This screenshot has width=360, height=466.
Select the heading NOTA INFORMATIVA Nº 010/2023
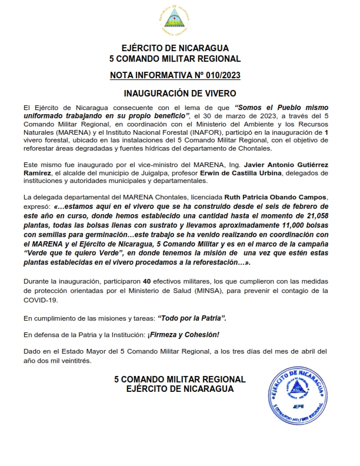click(x=175, y=76)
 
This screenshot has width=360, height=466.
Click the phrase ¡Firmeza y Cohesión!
click(x=186, y=335)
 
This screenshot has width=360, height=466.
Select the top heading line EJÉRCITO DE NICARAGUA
click(x=175, y=48)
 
